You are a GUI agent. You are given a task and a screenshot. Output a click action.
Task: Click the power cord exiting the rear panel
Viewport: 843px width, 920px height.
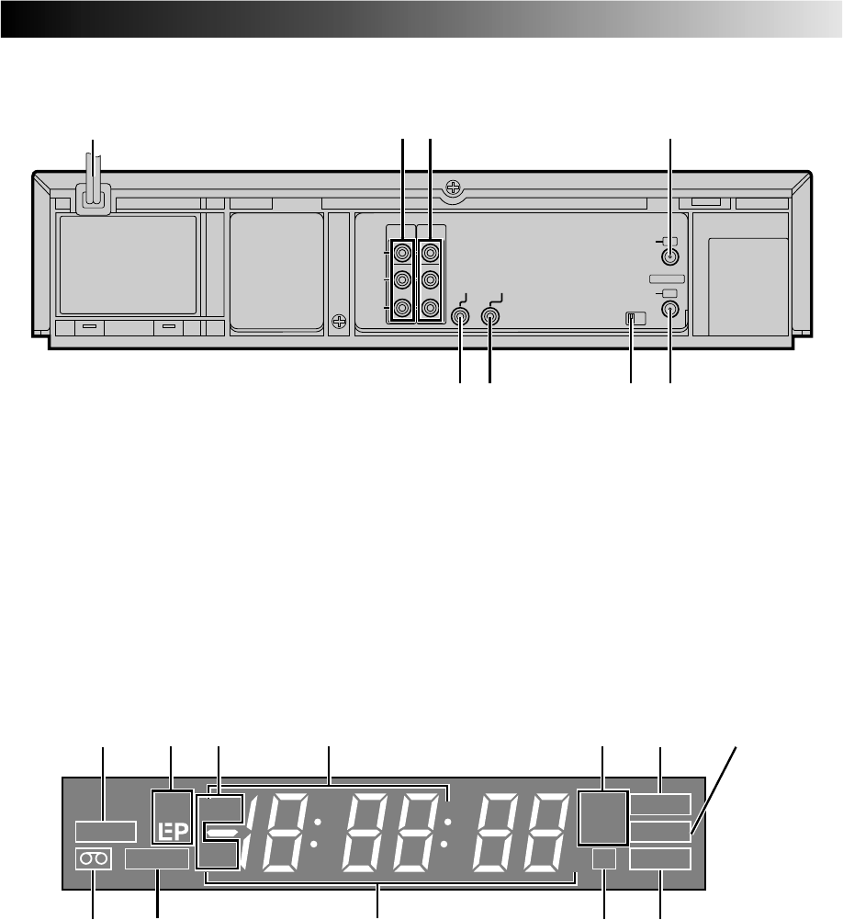[x=93, y=181]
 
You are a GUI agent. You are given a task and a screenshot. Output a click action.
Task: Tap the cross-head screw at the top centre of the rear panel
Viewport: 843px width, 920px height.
[x=453, y=187]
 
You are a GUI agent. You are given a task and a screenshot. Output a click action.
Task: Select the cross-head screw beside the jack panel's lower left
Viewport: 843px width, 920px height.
[x=338, y=322]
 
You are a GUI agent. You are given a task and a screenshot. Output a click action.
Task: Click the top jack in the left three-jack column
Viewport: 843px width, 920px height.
[x=401, y=253]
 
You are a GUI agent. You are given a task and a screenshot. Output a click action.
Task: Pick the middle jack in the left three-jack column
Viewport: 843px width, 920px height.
[x=401, y=279]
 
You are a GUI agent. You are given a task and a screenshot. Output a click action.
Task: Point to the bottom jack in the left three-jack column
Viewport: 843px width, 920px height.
[x=401, y=307]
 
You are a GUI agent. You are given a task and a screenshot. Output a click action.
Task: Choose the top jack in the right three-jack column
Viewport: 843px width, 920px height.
[x=431, y=253]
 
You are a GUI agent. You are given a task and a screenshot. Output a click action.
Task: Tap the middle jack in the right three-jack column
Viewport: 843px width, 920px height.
[x=431, y=279]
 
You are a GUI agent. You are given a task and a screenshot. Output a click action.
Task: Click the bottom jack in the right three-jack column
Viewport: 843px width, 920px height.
[x=431, y=307]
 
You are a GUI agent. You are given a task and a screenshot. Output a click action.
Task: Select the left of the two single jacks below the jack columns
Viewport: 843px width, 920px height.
[x=460, y=317]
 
